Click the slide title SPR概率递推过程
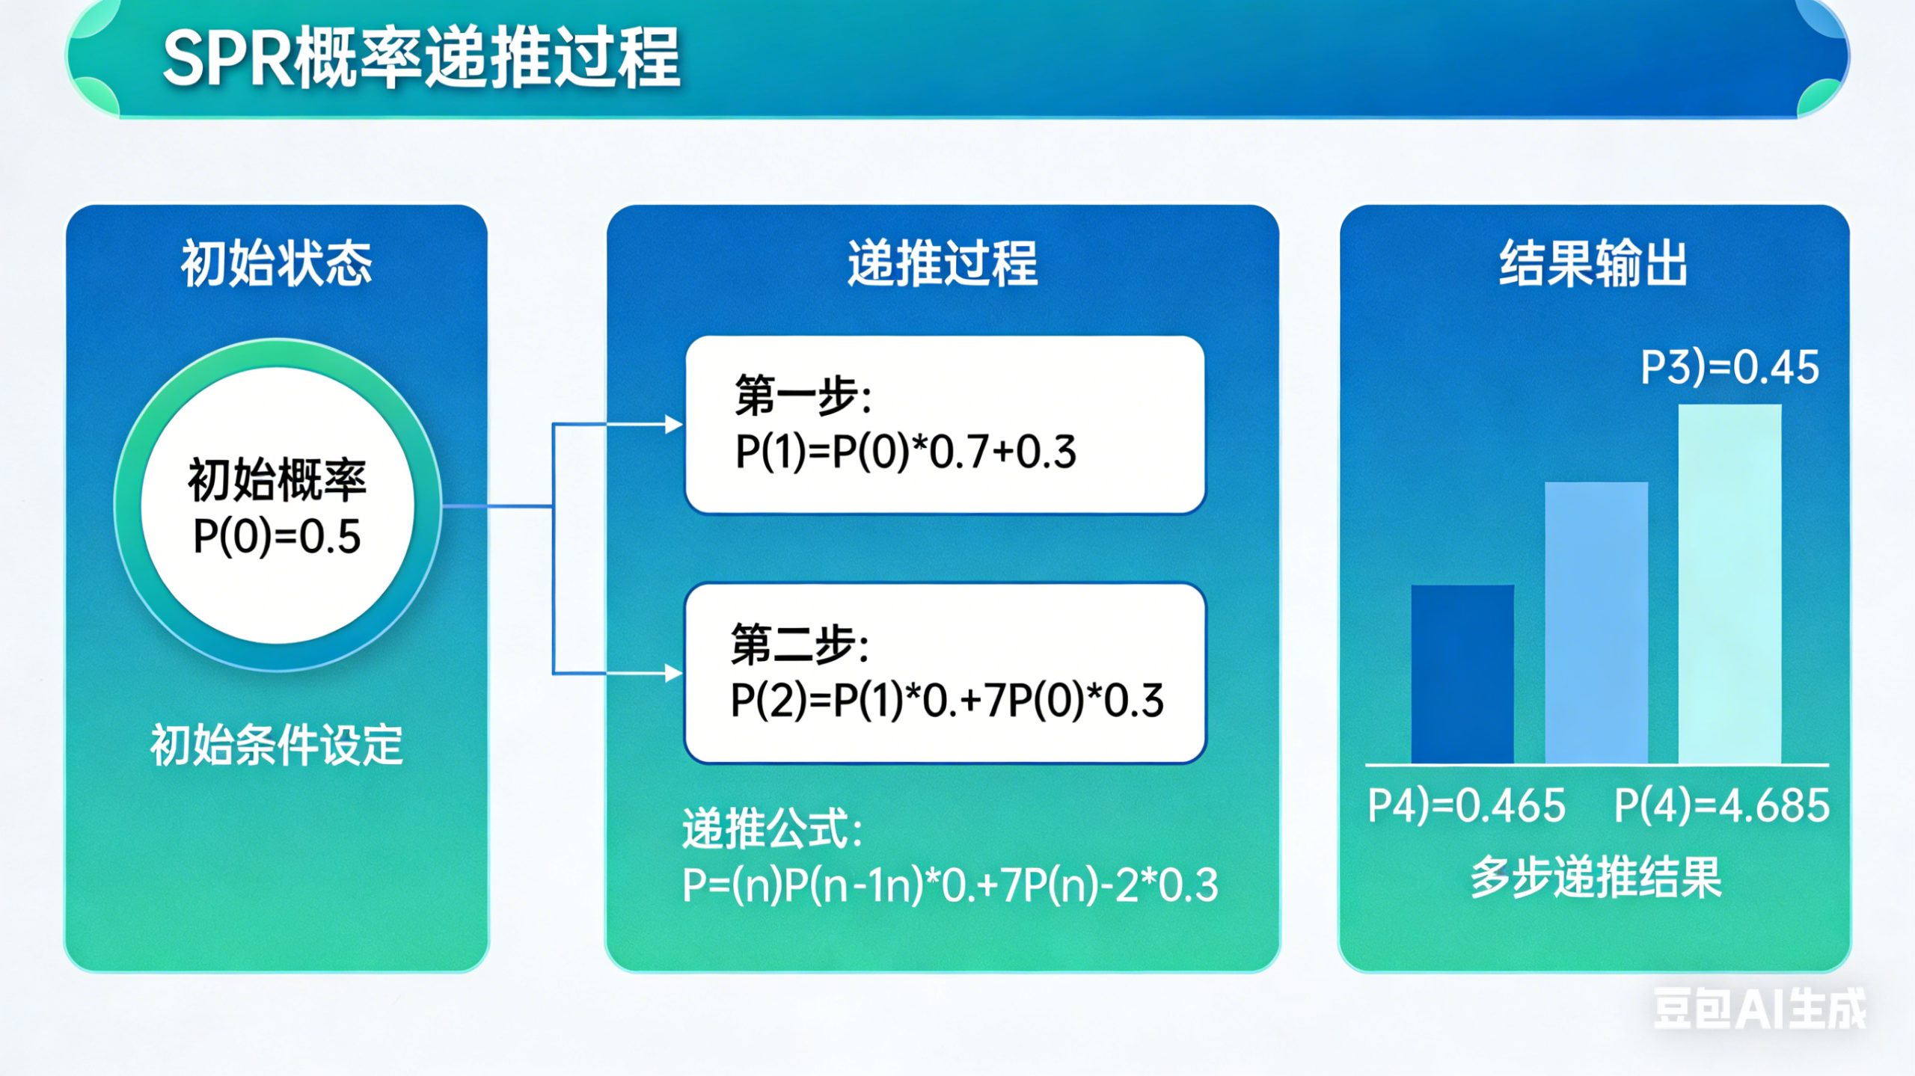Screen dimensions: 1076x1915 click(421, 58)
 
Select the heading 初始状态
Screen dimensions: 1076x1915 click(276, 263)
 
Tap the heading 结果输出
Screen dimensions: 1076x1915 click(1593, 263)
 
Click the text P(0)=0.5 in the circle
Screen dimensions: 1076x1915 click(277, 536)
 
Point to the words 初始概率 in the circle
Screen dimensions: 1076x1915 click(277, 479)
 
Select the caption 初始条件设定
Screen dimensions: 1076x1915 click(277, 745)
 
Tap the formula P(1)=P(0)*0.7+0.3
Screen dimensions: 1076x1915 click(905, 452)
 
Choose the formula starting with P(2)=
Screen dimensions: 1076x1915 click(946, 701)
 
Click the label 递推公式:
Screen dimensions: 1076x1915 click(773, 828)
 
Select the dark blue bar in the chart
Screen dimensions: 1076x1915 click(1462, 674)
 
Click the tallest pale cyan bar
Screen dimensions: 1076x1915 click(1729, 583)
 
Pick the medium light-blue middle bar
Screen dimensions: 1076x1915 click(1596, 622)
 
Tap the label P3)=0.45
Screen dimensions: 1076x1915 click(1729, 367)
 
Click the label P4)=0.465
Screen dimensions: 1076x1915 click(1466, 805)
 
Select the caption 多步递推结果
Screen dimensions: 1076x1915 click(1596, 877)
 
